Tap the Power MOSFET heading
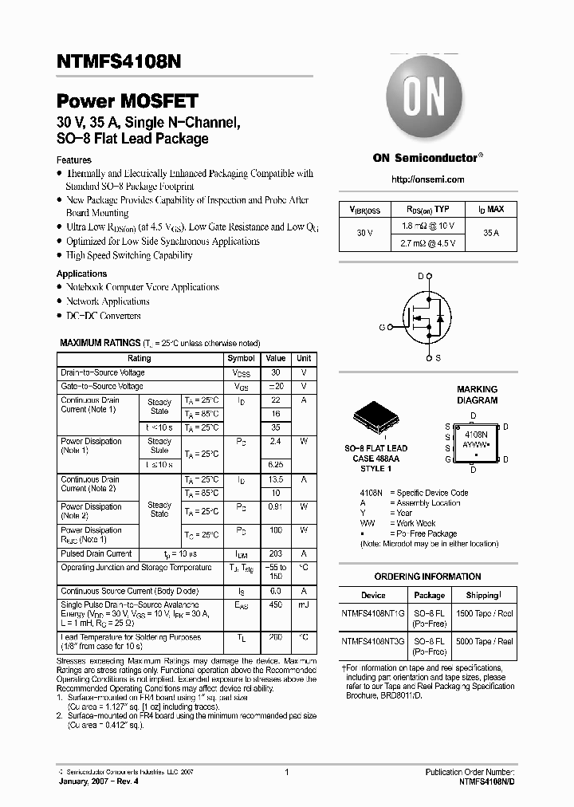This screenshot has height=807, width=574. click(x=128, y=101)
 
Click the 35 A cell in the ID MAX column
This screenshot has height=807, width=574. click(x=491, y=233)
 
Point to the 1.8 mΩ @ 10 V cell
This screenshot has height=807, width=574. click(x=429, y=226)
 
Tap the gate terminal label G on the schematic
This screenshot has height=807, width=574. click(x=382, y=327)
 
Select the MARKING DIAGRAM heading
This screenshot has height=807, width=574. click(x=477, y=395)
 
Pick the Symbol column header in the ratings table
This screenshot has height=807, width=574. click(x=242, y=359)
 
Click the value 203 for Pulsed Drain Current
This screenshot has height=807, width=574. click(x=276, y=554)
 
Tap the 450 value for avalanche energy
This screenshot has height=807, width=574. click(x=276, y=605)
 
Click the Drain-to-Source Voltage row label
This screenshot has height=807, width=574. click(x=103, y=372)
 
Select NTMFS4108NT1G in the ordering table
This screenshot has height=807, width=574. click(x=372, y=615)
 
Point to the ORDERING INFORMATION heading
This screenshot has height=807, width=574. click(x=427, y=576)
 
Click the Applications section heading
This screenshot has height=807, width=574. click(x=82, y=274)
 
